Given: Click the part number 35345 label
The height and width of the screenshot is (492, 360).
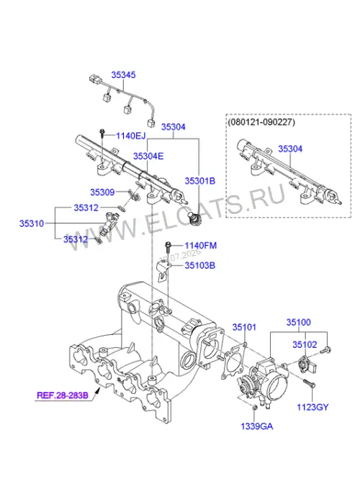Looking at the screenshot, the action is (x=124, y=75).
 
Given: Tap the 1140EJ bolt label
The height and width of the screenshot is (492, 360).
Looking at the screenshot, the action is (x=131, y=136).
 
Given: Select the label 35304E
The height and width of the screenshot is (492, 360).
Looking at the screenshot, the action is (x=148, y=156).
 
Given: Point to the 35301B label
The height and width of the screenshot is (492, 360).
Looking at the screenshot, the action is (x=199, y=181).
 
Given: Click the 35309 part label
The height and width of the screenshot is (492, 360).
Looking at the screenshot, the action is (x=102, y=192).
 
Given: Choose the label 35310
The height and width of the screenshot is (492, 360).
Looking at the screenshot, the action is (x=32, y=223).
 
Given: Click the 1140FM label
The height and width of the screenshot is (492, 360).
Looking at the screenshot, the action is (x=200, y=246).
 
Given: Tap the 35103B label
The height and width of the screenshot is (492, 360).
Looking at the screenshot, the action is (x=199, y=266).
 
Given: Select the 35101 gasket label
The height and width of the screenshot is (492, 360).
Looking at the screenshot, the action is (x=244, y=327).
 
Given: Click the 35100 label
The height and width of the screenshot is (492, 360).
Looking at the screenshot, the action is (x=299, y=322).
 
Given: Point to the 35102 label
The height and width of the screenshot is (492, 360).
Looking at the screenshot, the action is (x=305, y=344).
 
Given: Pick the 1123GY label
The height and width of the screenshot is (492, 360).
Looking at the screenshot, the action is (x=312, y=407).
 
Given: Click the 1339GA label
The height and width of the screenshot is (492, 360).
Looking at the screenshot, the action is (x=257, y=426).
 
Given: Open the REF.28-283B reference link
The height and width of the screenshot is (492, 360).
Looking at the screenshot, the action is (x=63, y=395).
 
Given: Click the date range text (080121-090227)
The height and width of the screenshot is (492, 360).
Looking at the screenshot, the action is (x=261, y=122).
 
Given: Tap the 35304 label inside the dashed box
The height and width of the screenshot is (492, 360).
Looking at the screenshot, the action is (x=290, y=148).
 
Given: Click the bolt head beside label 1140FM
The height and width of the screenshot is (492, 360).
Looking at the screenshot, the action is (x=168, y=243).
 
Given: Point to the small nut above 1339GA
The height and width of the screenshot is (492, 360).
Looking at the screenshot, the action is (x=255, y=408).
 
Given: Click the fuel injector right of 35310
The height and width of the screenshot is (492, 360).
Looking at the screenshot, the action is (x=109, y=223).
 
